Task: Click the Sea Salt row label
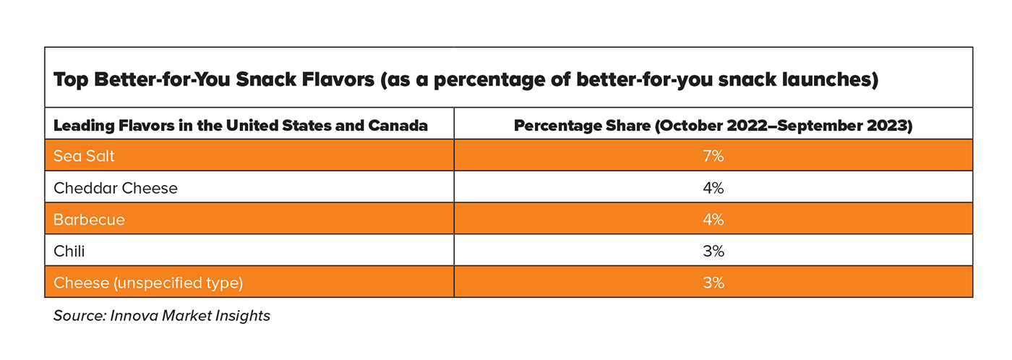pyautogui.click(x=84, y=156)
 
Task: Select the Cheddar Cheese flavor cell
pyautogui.click(x=116, y=188)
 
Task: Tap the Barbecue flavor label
pyautogui.click(x=90, y=220)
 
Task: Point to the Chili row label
pyautogui.click(x=69, y=252)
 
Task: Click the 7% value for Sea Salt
pyautogui.click(x=713, y=156)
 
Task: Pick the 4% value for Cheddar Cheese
pyautogui.click(x=713, y=188)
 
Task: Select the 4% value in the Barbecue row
pyautogui.click(x=713, y=220)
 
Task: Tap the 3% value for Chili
pyautogui.click(x=713, y=252)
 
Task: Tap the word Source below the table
pyautogui.click(x=77, y=316)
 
